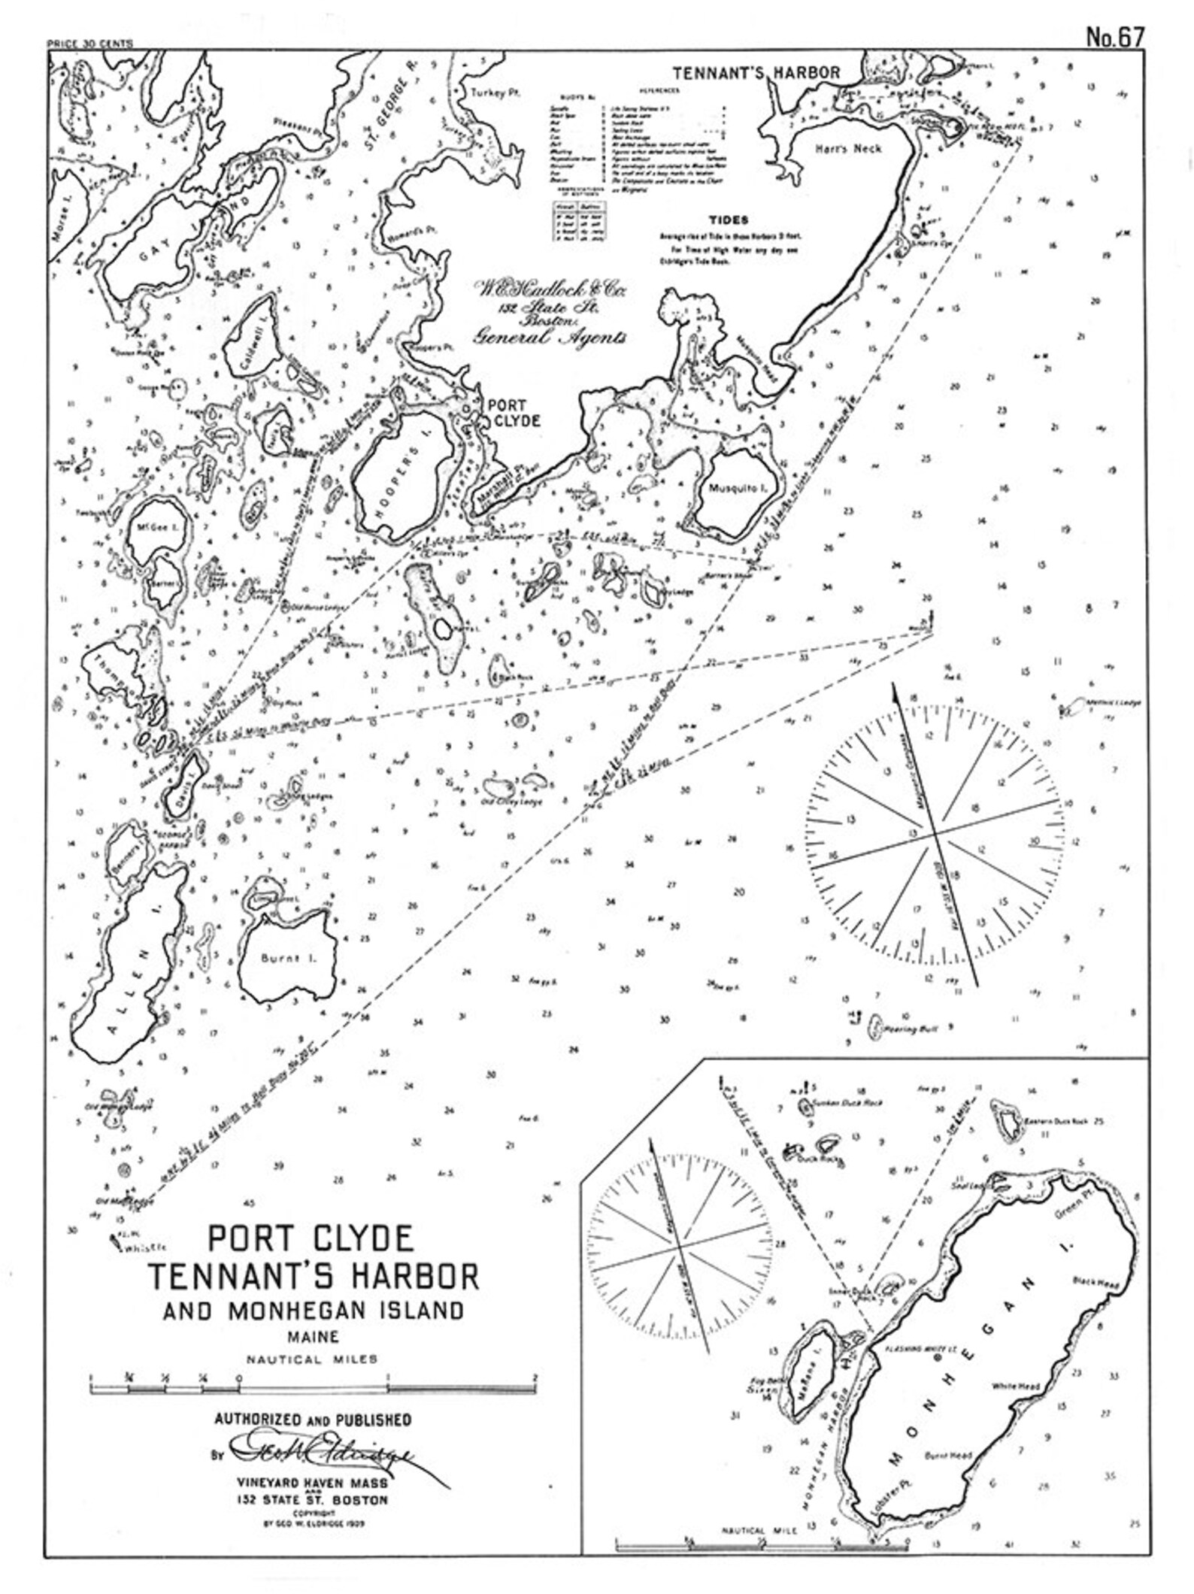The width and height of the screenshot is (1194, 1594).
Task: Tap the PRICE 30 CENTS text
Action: (89, 44)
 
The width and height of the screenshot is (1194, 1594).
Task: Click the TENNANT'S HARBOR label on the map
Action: (756, 73)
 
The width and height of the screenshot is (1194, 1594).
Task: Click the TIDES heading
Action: (728, 220)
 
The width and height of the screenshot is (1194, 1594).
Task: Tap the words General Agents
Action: (549, 338)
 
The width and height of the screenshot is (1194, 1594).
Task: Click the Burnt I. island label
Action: (281, 959)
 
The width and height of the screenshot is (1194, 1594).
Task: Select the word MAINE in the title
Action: (312, 1338)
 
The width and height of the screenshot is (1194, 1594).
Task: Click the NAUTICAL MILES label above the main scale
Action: (312, 1359)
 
